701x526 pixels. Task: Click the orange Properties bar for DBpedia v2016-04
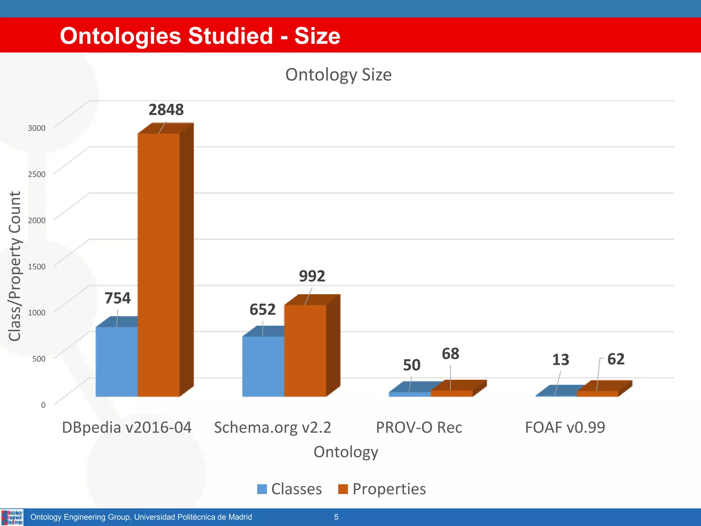coord(158,265)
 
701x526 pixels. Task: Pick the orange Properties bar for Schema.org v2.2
coord(305,351)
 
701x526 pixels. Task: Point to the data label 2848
coord(166,110)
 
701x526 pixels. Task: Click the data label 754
coord(117,298)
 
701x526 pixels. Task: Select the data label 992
coord(312,276)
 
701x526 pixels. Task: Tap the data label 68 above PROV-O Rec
coord(450,354)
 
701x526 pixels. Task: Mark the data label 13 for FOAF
coord(560,360)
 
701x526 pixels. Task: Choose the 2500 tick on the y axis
coord(37,174)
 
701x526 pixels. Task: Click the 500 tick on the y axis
coord(39,359)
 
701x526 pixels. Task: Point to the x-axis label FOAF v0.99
coord(565,427)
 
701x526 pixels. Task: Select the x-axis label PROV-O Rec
coord(419,427)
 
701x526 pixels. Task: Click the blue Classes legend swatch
coord(262,489)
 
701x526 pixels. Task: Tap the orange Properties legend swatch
coord(343,489)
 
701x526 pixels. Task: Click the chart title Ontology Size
coord(338,75)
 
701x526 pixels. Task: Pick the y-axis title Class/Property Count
coord(15,266)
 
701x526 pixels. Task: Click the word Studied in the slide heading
coord(230,36)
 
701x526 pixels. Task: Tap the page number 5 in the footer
coord(336,517)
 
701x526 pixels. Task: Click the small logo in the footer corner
coord(12,517)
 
